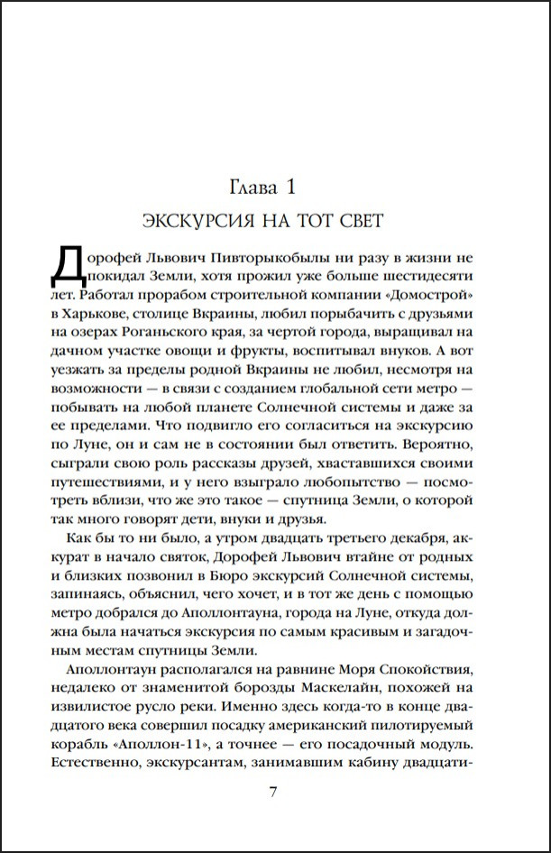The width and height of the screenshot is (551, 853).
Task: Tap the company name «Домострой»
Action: (455, 292)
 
